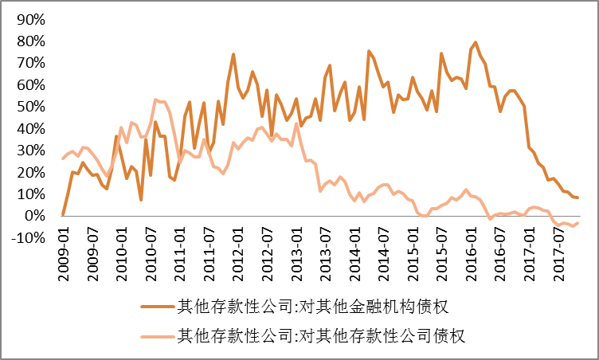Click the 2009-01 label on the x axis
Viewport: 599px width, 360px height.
coord(64,253)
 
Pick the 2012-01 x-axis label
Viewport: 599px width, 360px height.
coord(237,253)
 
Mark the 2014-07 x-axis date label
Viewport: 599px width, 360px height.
coord(382,253)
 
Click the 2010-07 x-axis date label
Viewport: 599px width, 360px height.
coord(151,253)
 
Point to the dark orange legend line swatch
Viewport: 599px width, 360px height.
coord(158,305)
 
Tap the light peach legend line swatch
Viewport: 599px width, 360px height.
coord(158,335)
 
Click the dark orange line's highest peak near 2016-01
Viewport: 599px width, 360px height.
coord(476,42)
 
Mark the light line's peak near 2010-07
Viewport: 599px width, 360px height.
coord(155,100)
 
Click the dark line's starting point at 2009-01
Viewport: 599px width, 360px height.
coord(63,215)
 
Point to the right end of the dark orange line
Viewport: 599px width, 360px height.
coord(577,198)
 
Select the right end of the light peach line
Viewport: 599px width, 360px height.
coord(577,223)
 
